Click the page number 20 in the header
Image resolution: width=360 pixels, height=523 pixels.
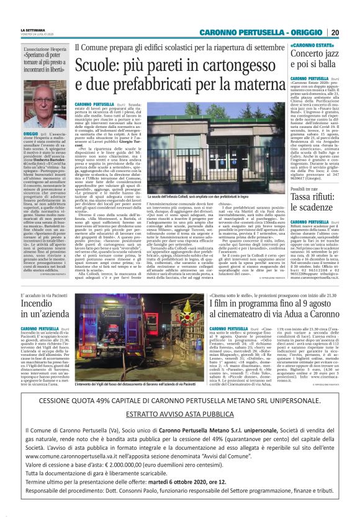(335, 33)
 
